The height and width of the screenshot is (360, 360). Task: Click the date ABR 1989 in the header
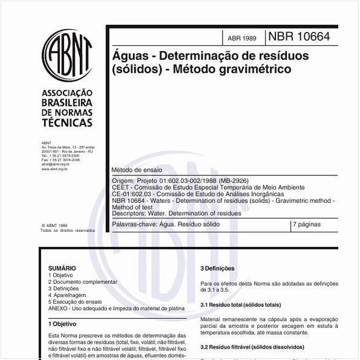tap(241, 38)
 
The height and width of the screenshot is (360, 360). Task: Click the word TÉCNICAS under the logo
tap(67, 123)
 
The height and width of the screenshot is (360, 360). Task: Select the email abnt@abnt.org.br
tap(56, 164)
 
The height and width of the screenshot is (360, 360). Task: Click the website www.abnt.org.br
tap(54, 169)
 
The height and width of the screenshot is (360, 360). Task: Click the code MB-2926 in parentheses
tap(232, 181)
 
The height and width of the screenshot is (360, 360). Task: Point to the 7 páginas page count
tap(307, 224)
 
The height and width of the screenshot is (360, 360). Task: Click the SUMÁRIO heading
tap(62, 268)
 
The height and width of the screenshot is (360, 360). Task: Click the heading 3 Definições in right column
tap(218, 269)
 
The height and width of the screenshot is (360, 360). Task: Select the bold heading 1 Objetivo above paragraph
tap(62, 324)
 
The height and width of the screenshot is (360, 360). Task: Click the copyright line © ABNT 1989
tap(54, 224)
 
